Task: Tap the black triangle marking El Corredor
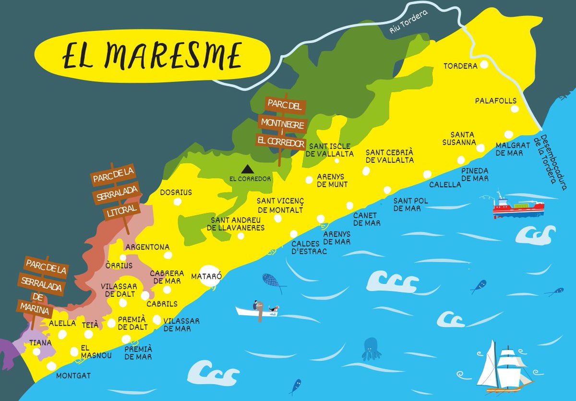(x=247, y=169)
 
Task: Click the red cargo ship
(x=518, y=207)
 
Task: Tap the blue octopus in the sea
(x=372, y=349)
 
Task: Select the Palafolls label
(x=495, y=101)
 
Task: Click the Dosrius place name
(x=176, y=192)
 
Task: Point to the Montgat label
(x=73, y=376)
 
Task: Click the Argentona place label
(x=147, y=247)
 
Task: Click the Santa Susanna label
(x=463, y=138)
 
